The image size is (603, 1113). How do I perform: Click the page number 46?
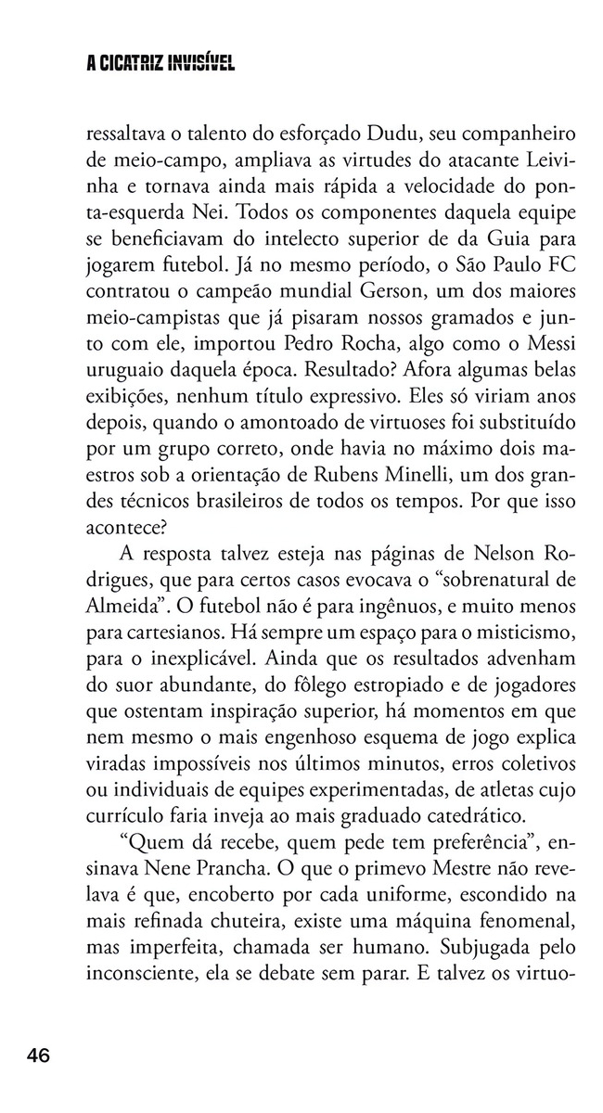[x=38, y=1055]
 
